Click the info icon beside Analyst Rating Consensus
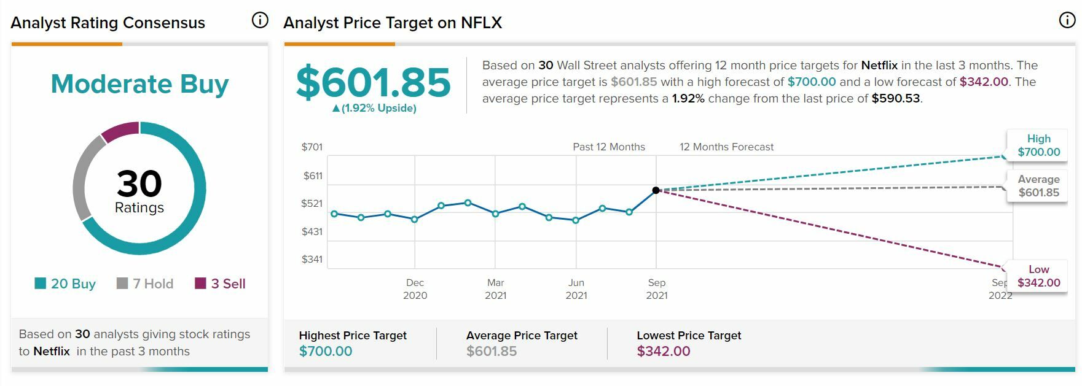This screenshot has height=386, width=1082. click(260, 21)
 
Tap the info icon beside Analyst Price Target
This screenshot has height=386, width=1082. click(1067, 21)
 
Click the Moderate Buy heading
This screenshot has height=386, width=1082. click(139, 83)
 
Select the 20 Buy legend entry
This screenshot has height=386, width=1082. click(65, 284)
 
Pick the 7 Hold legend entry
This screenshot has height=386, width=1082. click(145, 284)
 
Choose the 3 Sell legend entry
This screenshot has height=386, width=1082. click(220, 284)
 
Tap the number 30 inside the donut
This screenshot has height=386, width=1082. click(139, 183)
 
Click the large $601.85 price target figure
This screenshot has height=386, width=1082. click(373, 82)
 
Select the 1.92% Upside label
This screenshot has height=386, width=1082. click(374, 108)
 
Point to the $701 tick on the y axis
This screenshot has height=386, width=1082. click(312, 147)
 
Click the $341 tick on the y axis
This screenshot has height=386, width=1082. click(312, 259)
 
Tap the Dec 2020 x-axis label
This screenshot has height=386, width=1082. click(415, 288)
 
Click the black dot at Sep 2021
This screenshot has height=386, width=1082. click(656, 190)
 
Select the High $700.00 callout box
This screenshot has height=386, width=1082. click(1038, 145)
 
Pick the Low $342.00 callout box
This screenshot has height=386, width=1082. click(1038, 276)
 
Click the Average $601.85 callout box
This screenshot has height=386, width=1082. click(1038, 186)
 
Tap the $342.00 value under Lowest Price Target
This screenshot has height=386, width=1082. click(664, 351)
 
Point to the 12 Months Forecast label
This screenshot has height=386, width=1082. click(726, 147)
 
